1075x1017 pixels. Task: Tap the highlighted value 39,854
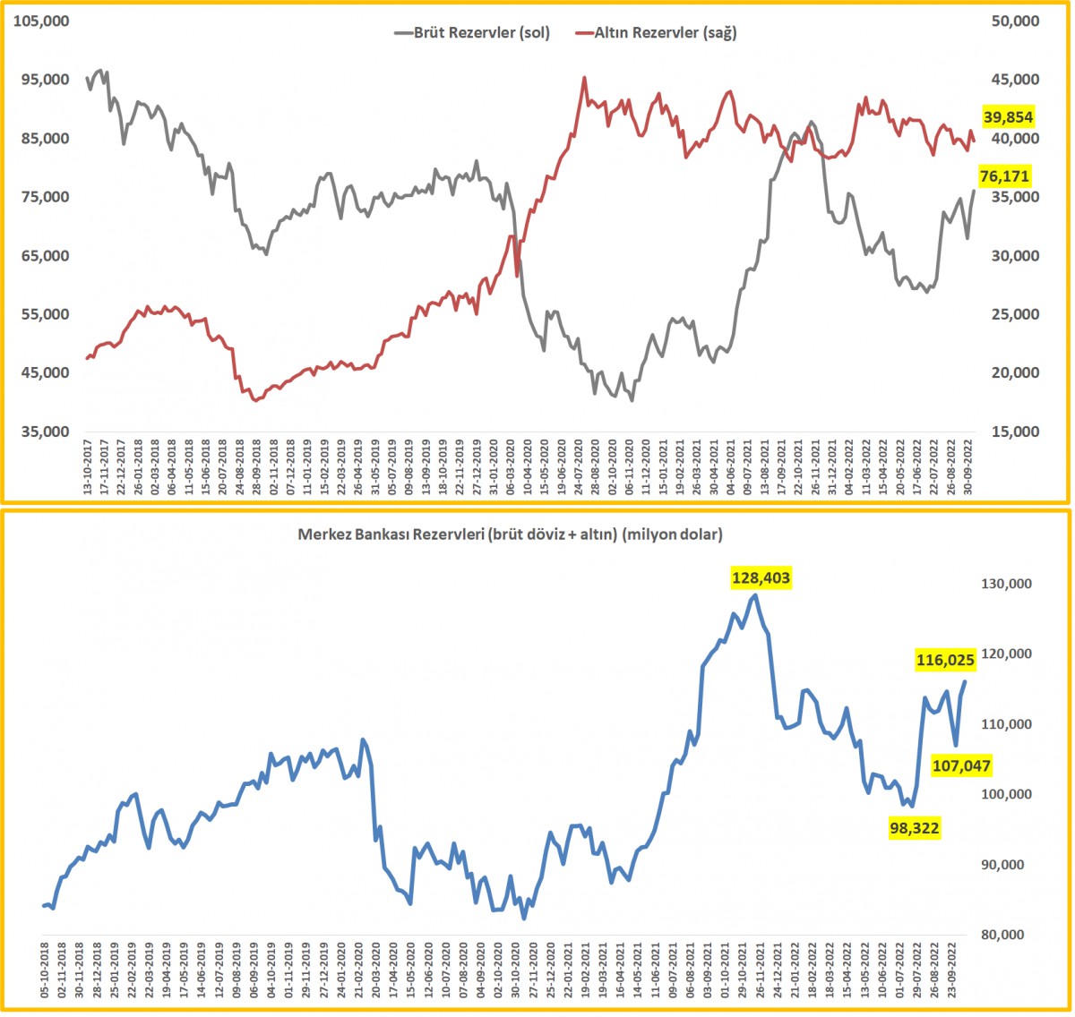(1008, 117)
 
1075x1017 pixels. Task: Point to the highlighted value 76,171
(1004, 176)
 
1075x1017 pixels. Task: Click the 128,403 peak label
(761, 577)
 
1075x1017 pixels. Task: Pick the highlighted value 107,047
(961, 765)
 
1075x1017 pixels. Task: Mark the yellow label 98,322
(914, 828)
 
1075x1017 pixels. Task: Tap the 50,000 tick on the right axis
(1015, 21)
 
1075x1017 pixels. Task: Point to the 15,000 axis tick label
(1015, 432)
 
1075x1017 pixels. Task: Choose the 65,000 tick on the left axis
(46, 256)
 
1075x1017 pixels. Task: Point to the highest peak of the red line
(584, 78)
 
